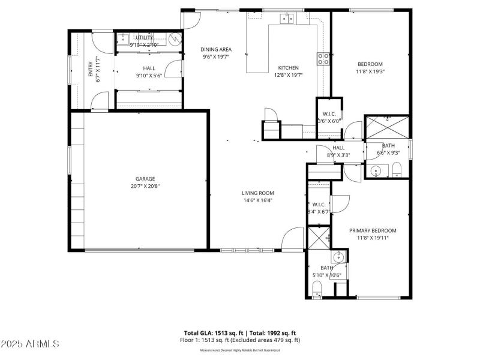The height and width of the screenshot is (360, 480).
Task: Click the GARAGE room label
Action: click(145, 178)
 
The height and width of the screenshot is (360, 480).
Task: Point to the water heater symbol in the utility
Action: click(175, 40)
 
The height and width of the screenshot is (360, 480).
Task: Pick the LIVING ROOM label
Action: click(257, 193)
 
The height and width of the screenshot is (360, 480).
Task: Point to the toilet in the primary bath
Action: click(318, 289)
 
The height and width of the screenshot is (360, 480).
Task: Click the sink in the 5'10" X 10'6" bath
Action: click(340, 257)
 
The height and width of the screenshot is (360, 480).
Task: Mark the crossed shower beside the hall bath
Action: click(387, 127)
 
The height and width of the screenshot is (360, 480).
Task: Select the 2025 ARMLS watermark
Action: click(30, 344)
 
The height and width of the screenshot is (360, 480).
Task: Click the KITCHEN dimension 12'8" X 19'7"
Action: click(288, 75)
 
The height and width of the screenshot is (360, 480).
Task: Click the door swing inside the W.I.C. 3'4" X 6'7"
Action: click(336, 204)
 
